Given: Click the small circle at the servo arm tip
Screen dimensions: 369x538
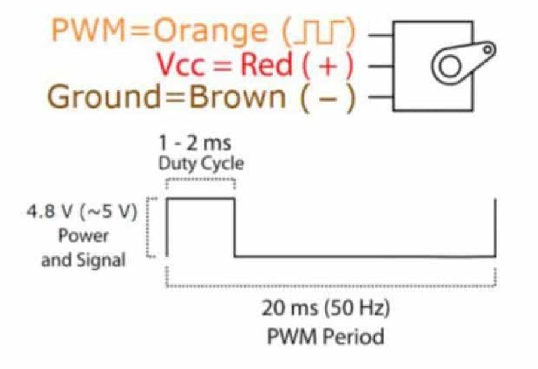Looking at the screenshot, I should click(488, 48).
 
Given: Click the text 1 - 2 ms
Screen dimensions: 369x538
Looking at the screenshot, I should click(195, 144).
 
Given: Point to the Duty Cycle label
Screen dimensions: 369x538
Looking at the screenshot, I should click(201, 163).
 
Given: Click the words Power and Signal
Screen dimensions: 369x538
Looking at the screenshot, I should click(83, 248).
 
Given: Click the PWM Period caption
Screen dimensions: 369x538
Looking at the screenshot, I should click(325, 336).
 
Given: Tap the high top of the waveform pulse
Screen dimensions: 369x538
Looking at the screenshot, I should click(200, 199).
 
